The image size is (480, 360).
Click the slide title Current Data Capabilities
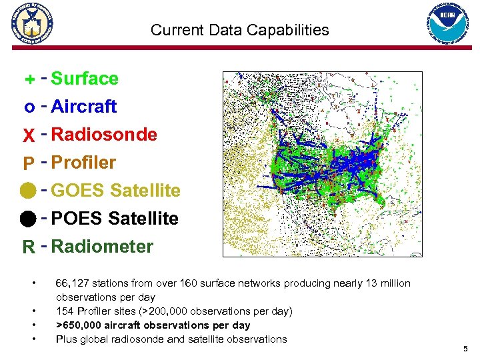pos(239,30)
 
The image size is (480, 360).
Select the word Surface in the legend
pos(85,79)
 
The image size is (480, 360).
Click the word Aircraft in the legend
pos(83,107)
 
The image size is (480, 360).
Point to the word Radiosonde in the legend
pos(104,135)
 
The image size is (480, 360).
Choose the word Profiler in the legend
pos(83,163)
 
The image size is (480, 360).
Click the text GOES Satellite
pos(115,191)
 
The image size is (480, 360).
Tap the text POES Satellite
pos(115,219)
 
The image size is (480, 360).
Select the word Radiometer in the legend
pos(102,247)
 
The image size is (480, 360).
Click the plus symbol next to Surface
pos(29,80)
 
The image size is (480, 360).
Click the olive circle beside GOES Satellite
pos(28,191)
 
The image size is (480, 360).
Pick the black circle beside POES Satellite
pos(28,219)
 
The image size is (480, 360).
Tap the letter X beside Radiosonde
pos(29,136)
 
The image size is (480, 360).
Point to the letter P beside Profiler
pos(29,164)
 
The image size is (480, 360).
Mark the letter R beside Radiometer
pos(29,248)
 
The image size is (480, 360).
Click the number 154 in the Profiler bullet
pos(65,311)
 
